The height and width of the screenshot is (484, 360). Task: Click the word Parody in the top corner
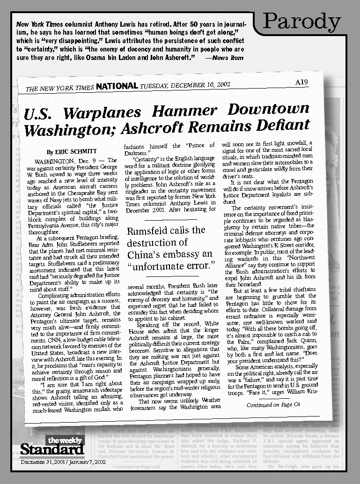[x=302, y=21]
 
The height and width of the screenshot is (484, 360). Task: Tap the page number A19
[x=301, y=82]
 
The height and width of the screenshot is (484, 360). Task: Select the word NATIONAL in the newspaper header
[x=117, y=86]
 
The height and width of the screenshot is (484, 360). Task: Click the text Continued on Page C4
[x=270, y=405]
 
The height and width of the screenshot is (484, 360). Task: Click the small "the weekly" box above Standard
[x=65, y=439]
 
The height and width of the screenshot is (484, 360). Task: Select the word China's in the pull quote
[x=147, y=254]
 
